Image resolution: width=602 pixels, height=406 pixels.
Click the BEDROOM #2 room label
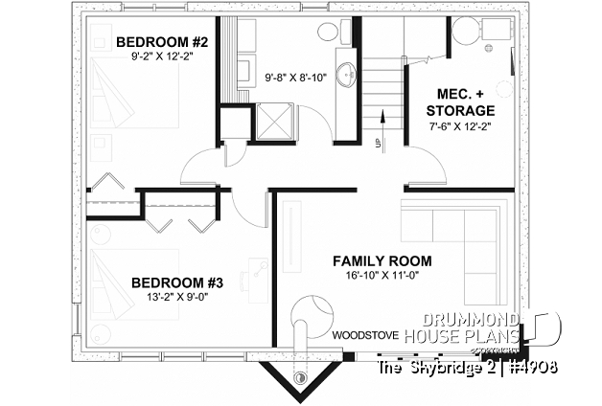click(162, 43)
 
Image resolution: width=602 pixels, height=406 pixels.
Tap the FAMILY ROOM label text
click(382, 260)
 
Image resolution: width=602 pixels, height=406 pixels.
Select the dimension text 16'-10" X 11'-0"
click(382, 277)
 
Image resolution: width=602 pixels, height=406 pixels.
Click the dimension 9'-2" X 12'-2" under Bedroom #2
click(162, 58)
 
